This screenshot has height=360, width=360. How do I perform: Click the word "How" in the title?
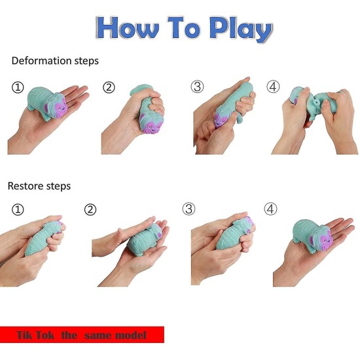(x=128, y=28)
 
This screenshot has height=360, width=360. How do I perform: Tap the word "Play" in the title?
(x=240, y=29)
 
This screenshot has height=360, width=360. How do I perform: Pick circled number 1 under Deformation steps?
(x=18, y=88)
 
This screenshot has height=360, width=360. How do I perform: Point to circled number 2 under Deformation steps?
(x=109, y=87)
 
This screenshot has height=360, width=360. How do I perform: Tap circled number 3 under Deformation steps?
(x=197, y=87)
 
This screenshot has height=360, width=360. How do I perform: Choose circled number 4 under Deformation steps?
(x=273, y=87)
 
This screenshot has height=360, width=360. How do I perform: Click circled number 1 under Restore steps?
(x=18, y=209)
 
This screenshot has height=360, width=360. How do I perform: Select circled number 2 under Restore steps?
(x=90, y=209)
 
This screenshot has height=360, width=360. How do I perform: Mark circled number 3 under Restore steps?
(x=189, y=209)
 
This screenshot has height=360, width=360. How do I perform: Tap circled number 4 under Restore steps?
(x=270, y=209)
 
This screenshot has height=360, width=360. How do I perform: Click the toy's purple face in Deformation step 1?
(x=56, y=107)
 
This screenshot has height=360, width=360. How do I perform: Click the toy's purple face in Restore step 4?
(x=321, y=240)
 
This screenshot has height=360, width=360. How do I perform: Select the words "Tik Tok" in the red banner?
(x=35, y=335)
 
